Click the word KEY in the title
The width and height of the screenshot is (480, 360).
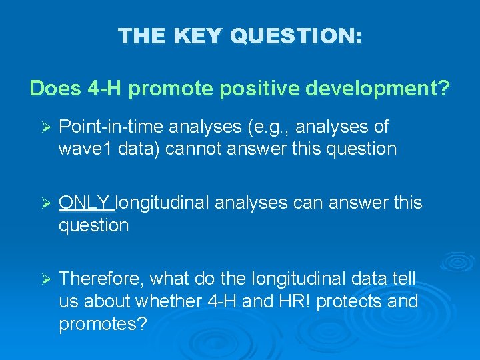(198, 35)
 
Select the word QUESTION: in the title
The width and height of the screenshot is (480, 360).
(296, 35)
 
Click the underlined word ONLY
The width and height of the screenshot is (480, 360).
(85, 203)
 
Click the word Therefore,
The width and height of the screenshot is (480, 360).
(102, 278)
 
